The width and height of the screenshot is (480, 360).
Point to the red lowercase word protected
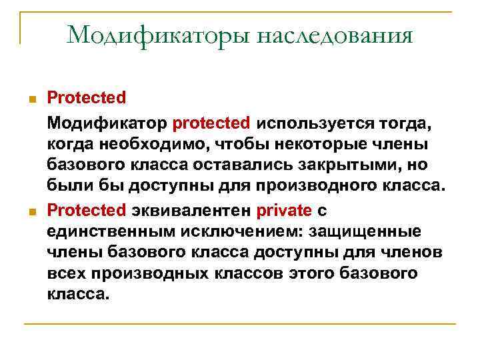(211, 123)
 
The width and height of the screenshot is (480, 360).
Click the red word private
(284, 211)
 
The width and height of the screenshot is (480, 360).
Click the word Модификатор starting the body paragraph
(107, 123)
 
